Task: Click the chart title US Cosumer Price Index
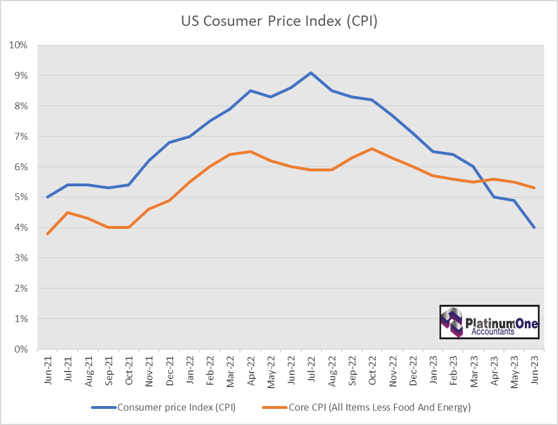[279, 21]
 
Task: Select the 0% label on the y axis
[21, 349]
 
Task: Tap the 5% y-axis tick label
[21, 197]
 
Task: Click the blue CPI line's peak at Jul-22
[311, 72]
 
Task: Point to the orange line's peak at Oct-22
[372, 148]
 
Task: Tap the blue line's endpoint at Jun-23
[534, 227]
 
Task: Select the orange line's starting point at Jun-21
[47, 233]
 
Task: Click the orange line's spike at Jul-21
[67, 212]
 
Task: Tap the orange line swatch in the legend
[274, 408]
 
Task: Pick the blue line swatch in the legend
[104, 408]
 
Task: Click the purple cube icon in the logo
[452, 321]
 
